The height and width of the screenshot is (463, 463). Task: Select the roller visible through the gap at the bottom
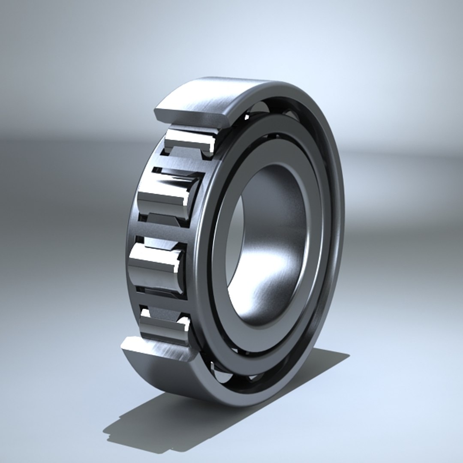tap(221, 373)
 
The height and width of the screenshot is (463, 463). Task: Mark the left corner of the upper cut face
tap(156, 112)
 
